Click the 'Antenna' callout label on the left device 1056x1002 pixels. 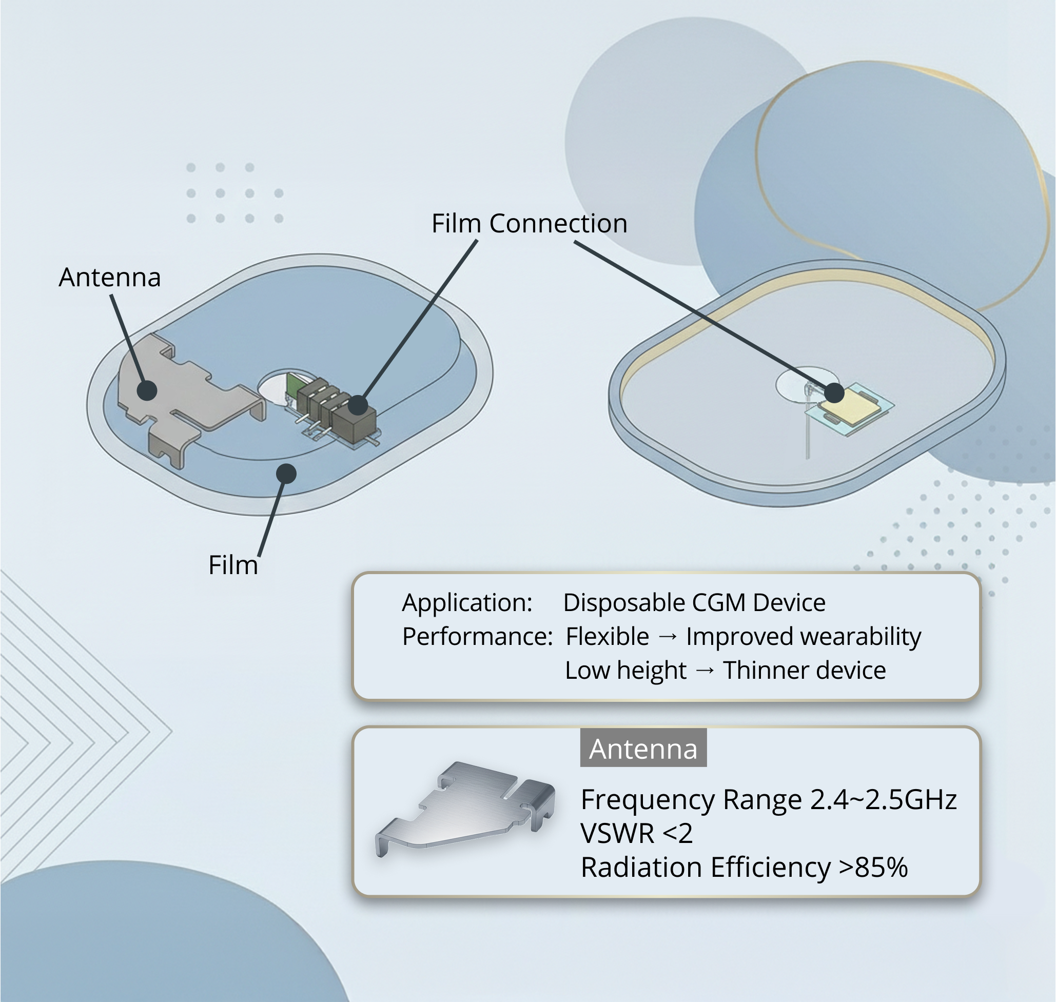(109, 277)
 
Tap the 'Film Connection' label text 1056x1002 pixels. (530, 223)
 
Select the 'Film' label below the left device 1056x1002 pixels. (233, 565)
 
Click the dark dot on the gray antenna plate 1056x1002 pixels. (147, 390)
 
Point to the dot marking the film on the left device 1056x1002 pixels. (286, 473)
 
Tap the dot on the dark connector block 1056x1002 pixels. (358, 405)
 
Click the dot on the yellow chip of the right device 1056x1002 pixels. (834, 393)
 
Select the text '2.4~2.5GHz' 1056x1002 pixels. (884, 799)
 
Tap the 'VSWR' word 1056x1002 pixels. (617, 833)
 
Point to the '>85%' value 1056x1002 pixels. (873, 867)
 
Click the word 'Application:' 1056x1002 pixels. (467, 602)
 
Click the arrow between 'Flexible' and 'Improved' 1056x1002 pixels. (668, 637)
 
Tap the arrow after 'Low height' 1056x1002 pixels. (705, 671)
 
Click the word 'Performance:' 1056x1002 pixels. (478, 637)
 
